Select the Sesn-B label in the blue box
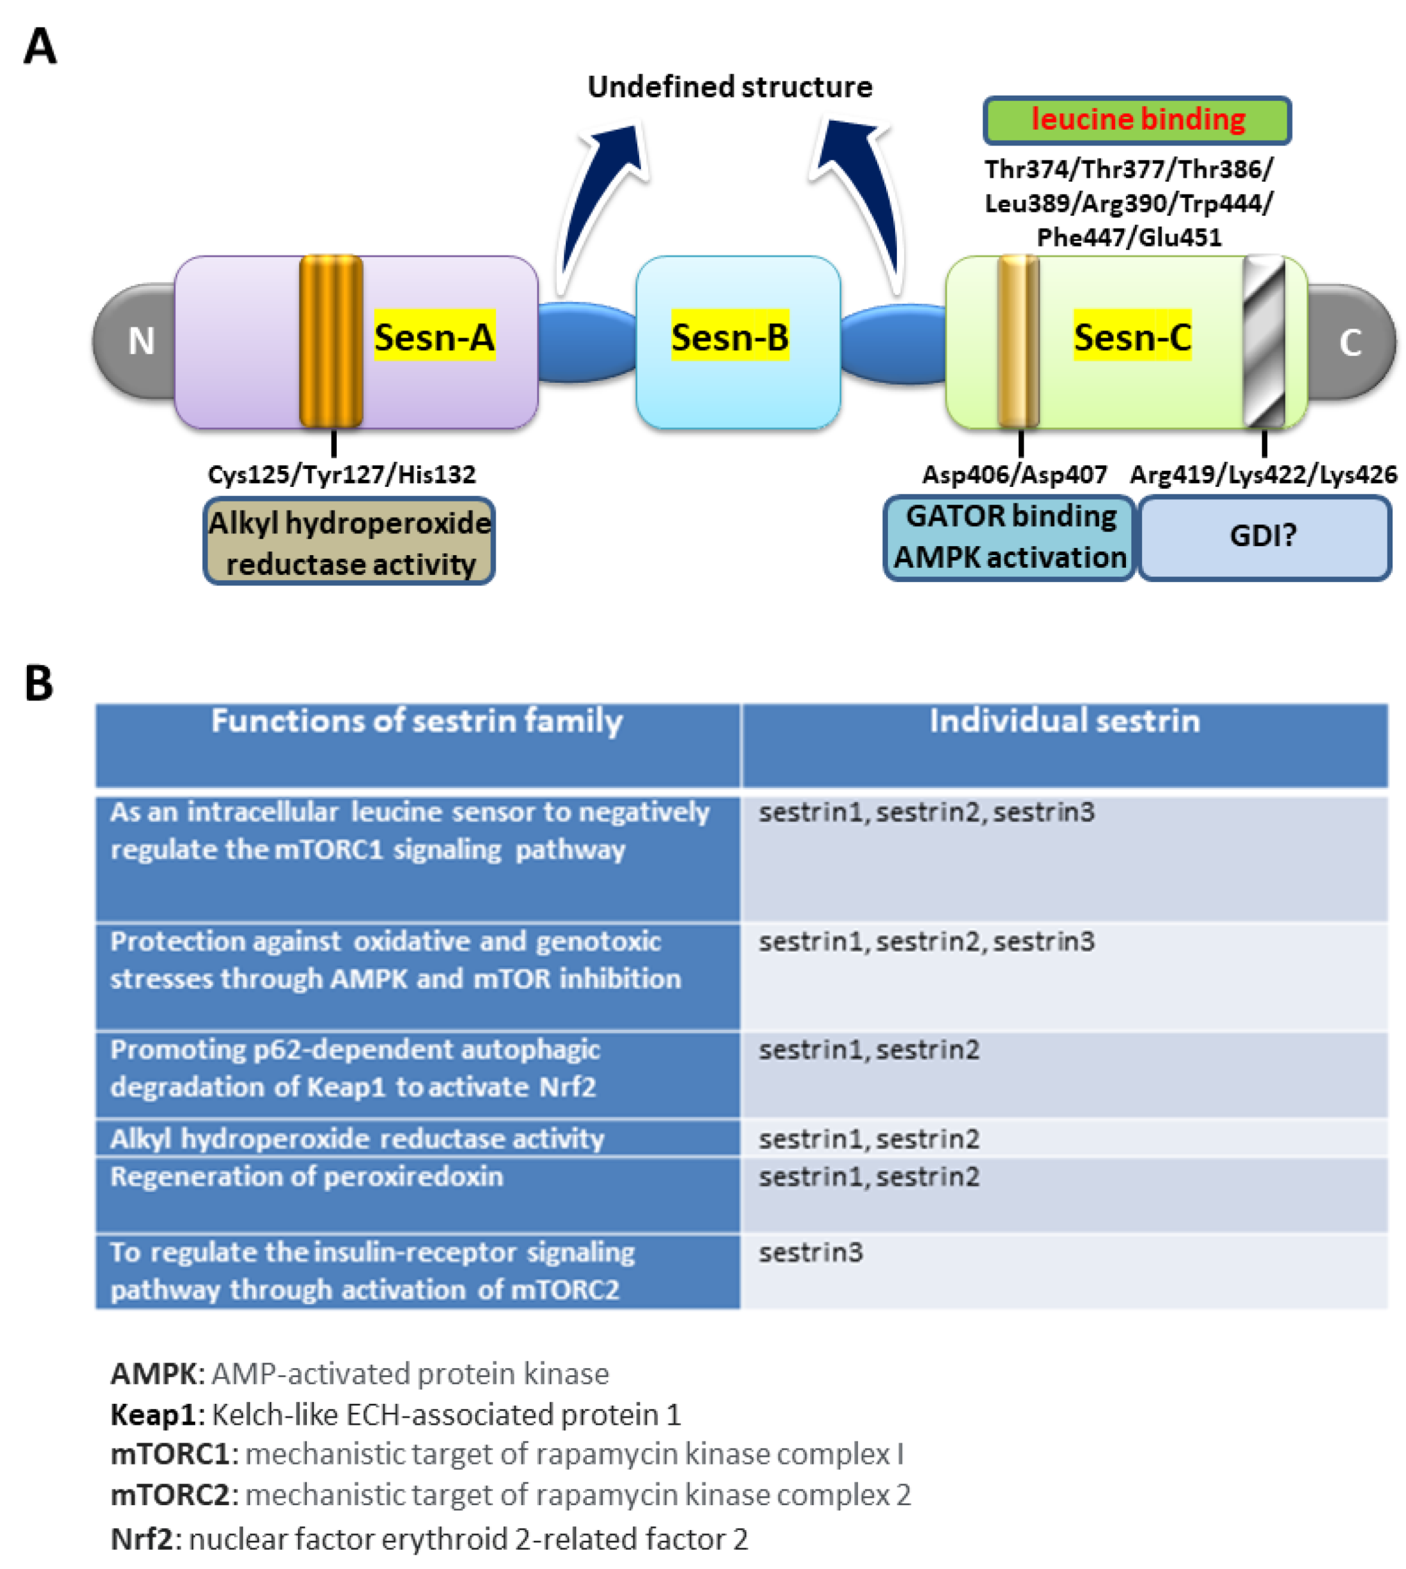pyautogui.click(x=729, y=336)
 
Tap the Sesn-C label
pyautogui.click(x=1132, y=336)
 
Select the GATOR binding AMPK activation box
pyautogui.click(x=1009, y=536)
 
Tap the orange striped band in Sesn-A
pyautogui.click(x=330, y=341)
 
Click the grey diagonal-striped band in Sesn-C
pyautogui.click(x=1264, y=341)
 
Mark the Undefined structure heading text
pyautogui.click(x=729, y=87)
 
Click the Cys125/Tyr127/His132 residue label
pyautogui.click(x=341, y=473)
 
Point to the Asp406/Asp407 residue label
pyautogui.click(x=1014, y=473)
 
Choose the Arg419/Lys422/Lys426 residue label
pyautogui.click(x=1262, y=473)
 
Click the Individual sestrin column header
pyautogui.click(x=1064, y=722)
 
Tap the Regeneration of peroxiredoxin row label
pyautogui.click(x=307, y=1177)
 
